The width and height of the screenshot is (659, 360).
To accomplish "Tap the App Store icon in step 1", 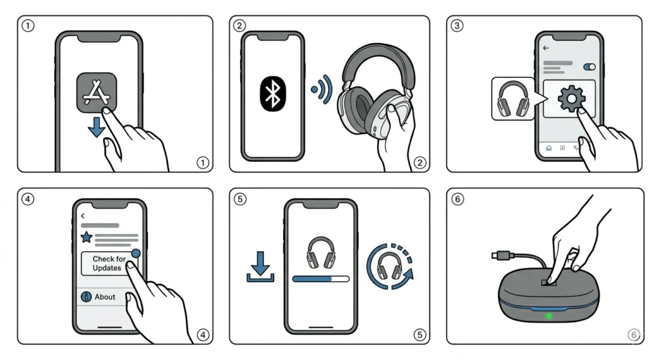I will pyautogui.click(x=97, y=93).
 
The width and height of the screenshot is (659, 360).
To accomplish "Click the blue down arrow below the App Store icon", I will pyautogui.click(x=96, y=128).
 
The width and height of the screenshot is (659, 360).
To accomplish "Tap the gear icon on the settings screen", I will pyautogui.click(x=569, y=99).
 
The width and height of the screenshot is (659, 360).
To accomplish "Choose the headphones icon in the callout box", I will pyautogui.click(x=512, y=99).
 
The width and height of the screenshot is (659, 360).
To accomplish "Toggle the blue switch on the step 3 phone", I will pyautogui.click(x=588, y=66).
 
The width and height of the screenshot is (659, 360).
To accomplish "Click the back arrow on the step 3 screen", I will pyautogui.click(x=546, y=48).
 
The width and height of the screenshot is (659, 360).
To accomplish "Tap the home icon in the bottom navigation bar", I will pyautogui.click(x=548, y=147).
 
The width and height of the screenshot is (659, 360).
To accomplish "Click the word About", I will pyautogui.click(x=105, y=297).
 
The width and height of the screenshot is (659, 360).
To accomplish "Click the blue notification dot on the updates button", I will pyautogui.click(x=135, y=254).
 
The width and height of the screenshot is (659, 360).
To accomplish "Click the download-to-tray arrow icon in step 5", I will pyautogui.click(x=260, y=267).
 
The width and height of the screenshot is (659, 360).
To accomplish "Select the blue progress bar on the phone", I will pyautogui.click(x=313, y=279).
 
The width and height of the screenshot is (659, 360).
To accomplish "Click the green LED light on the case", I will pyautogui.click(x=549, y=316).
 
